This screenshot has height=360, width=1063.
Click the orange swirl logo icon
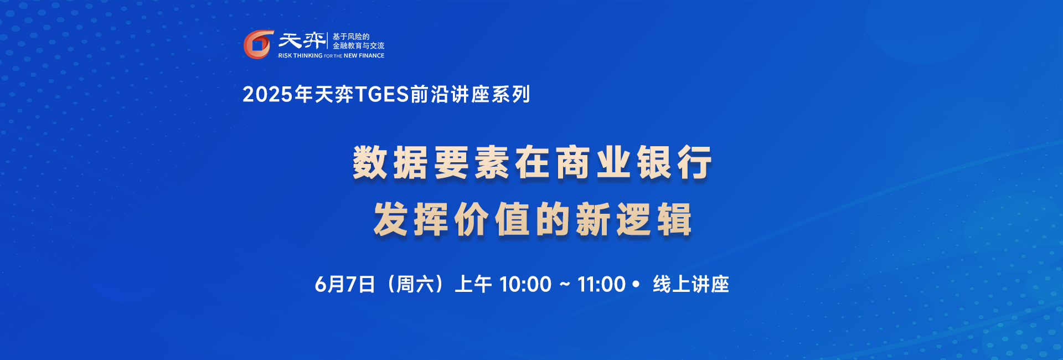[x=259, y=44]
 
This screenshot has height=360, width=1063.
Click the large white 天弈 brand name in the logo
[x=302, y=40]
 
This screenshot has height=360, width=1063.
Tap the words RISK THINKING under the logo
[x=300, y=55]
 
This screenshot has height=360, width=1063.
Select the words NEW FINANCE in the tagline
[x=364, y=55]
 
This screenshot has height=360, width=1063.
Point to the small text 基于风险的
[x=350, y=37]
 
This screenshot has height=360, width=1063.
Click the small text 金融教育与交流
[x=358, y=46]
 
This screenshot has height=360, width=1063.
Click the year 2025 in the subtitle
[x=267, y=95]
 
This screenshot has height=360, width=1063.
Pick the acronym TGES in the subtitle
[x=381, y=95]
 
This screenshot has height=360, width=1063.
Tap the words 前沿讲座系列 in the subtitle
[x=470, y=95]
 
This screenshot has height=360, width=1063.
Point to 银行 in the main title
[x=674, y=163]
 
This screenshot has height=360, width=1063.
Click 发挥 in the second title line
[x=411, y=220]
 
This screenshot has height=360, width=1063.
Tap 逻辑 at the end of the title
[x=654, y=220]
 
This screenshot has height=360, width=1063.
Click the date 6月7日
[x=345, y=285]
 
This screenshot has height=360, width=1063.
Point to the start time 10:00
[x=525, y=285]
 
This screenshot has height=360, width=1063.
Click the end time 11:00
[x=601, y=285]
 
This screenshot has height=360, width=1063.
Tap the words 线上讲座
[x=691, y=285]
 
